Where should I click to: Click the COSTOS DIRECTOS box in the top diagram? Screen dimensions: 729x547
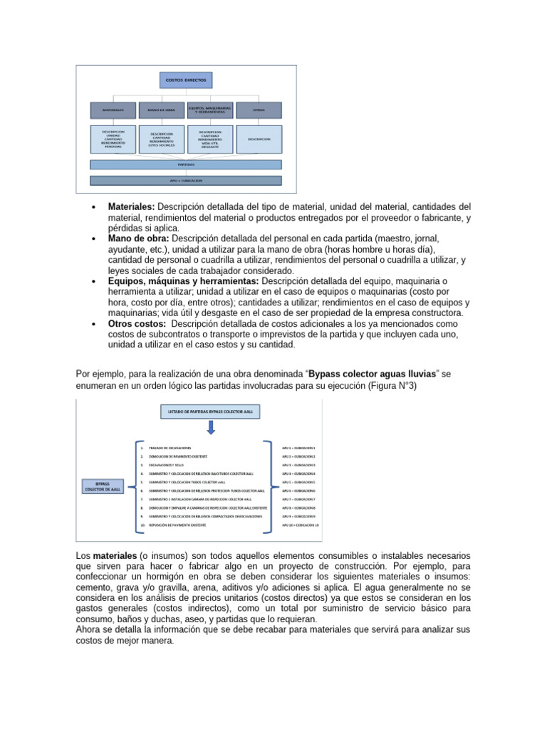click(186, 81)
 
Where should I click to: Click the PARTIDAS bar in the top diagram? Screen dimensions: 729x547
click(186, 164)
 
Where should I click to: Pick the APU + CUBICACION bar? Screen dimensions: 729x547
click(186, 181)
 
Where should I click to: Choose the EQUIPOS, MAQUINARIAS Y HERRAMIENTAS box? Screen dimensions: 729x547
click(210, 110)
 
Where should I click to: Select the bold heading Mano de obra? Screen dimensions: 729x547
click(138, 239)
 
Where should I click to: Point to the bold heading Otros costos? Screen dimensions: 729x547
click(137, 324)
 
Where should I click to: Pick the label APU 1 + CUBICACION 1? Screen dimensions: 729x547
click(298, 448)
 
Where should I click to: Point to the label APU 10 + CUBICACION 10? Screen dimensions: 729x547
click(300, 525)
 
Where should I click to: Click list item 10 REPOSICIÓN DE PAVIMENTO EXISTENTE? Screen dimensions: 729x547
click(174, 525)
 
